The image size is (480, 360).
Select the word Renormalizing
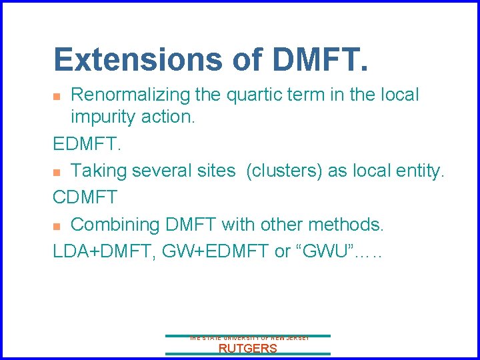[130, 95]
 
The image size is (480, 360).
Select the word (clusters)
[285, 171]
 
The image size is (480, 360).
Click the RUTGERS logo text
[247, 349]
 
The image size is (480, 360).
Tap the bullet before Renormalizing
[57, 97]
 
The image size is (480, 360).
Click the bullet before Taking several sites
[57, 172]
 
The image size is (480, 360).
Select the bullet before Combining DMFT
[57, 226]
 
